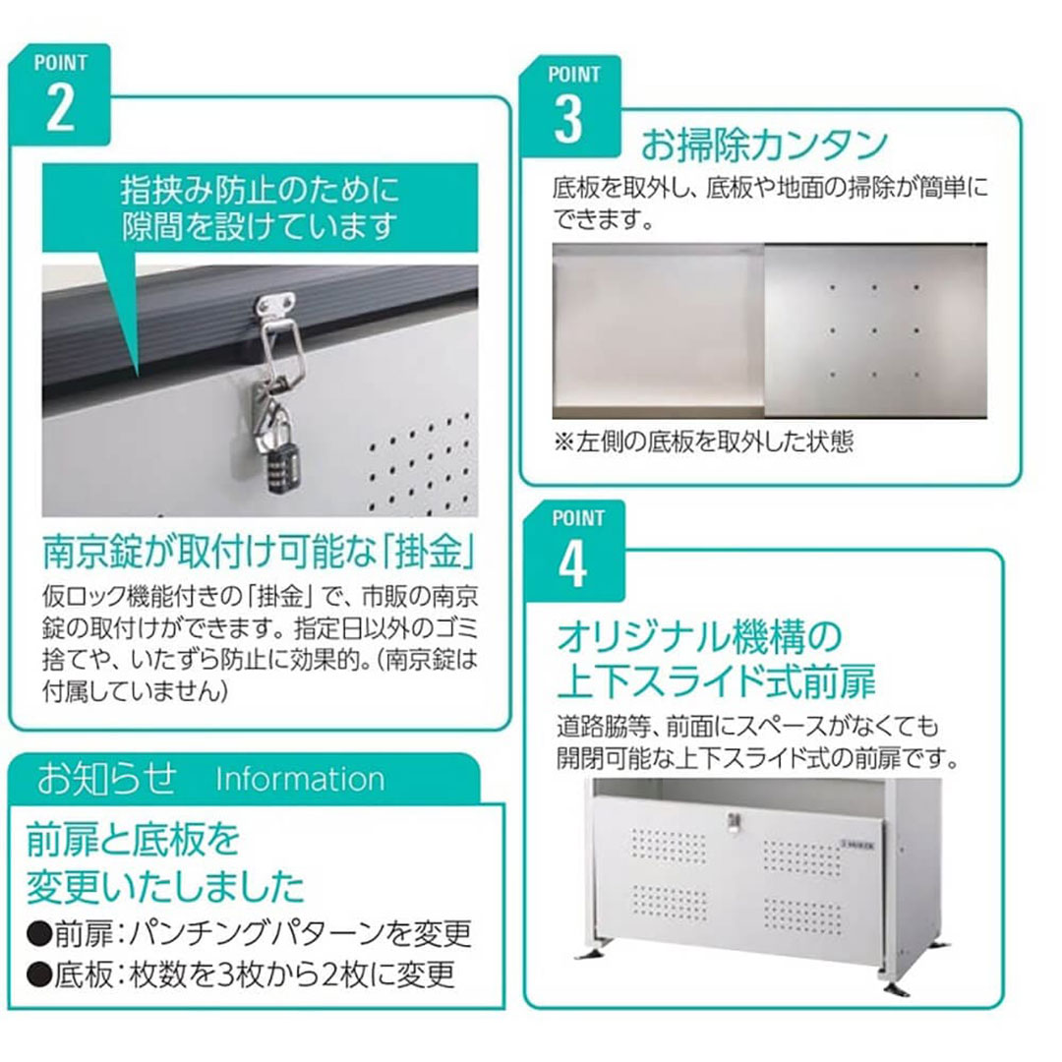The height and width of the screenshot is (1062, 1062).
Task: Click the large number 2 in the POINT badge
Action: point(60,108)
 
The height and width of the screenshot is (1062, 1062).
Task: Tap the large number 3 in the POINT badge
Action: point(568,119)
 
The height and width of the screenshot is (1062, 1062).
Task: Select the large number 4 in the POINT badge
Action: point(572,564)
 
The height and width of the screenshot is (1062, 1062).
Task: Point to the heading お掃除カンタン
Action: point(765,145)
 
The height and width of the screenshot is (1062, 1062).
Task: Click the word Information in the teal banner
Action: point(300,779)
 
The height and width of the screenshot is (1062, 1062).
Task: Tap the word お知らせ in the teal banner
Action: point(107,778)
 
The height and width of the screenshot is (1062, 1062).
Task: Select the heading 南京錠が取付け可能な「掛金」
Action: point(260,552)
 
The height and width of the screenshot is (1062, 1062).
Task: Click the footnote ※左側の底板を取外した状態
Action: point(704,442)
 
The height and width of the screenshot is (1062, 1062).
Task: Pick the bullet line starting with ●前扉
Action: point(248,934)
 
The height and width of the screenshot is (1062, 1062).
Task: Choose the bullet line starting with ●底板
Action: point(241,974)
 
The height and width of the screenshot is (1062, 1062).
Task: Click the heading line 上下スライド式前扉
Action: point(716,680)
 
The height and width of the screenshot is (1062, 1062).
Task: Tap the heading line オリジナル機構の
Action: point(699,636)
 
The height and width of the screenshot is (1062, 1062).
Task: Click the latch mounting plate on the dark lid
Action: point(275,305)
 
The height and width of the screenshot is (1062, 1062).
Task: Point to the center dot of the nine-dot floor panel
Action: point(874,331)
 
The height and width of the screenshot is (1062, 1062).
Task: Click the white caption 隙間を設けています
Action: point(260,226)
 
